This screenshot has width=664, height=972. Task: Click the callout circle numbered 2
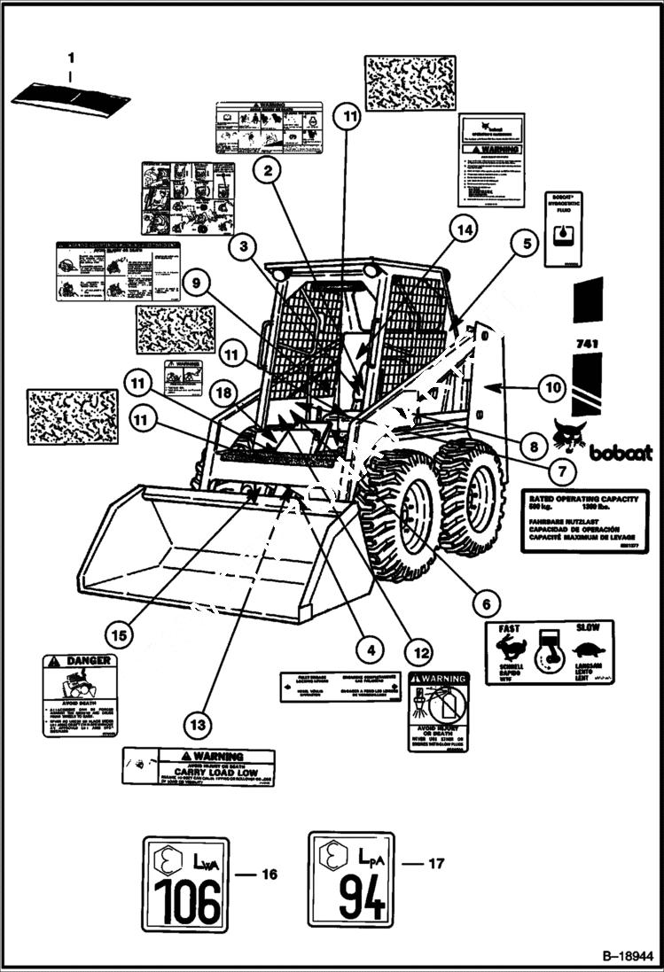(x=267, y=168)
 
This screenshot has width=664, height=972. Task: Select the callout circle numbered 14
(x=462, y=229)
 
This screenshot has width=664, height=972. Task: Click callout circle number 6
(x=485, y=604)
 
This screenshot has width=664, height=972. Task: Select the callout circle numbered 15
(x=120, y=634)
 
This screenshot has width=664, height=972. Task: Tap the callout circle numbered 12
(x=421, y=654)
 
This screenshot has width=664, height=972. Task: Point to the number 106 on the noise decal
(x=186, y=902)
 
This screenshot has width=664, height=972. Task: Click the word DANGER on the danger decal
(x=89, y=661)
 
